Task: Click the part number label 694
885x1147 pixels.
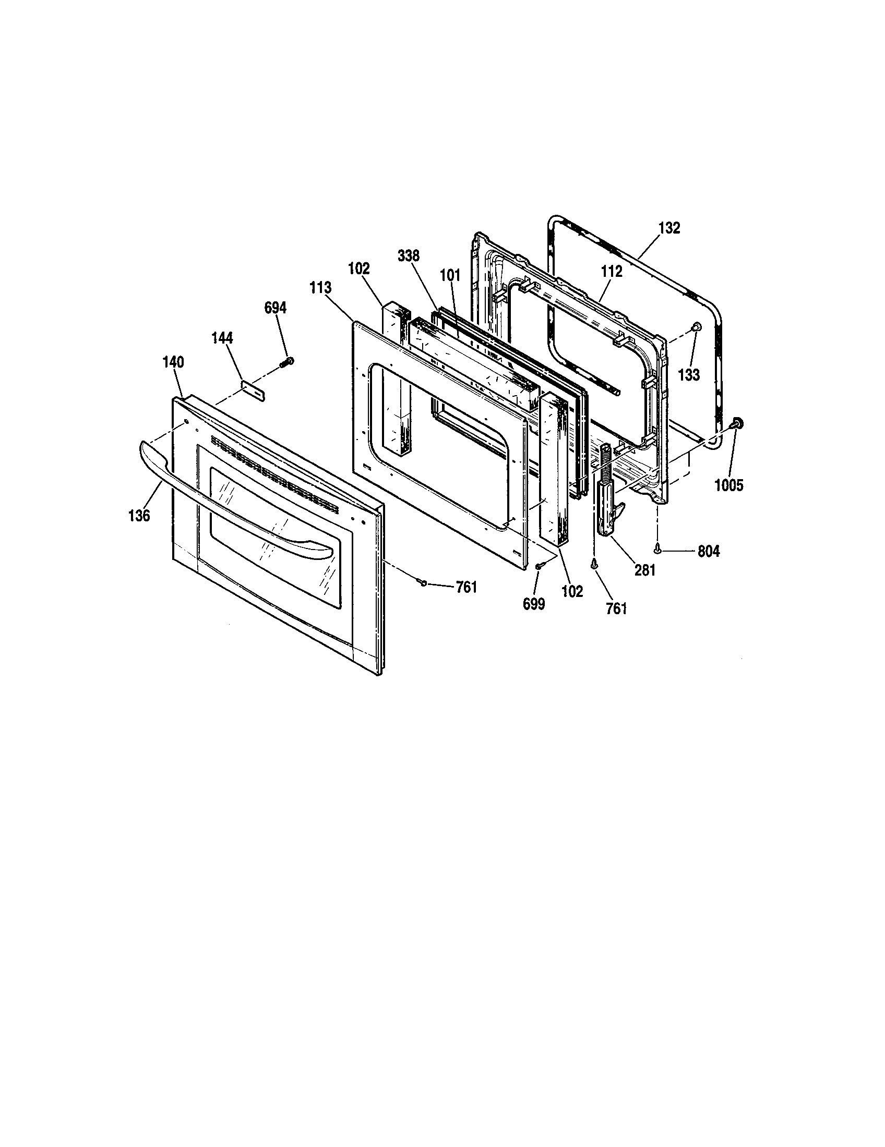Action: [x=275, y=308]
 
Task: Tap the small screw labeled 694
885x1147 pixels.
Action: [x=289, y=361]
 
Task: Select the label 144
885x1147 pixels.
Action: [x=222, y=338]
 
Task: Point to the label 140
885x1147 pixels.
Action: [x=173, y=362]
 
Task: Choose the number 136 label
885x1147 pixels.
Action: [x=139, y=516]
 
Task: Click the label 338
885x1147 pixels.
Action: [x=409, y=256]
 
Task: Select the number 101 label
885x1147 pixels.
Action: [x=450, y=275]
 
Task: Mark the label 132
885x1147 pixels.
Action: [x=669, y=228]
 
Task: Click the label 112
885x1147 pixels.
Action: [x=612, y=272]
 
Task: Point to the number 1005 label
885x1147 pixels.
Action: [x=729, y=486]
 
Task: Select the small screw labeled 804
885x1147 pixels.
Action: [x=657, y=549]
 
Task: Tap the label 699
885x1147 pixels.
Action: [x=534, y=604]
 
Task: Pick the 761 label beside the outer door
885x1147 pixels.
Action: [x=466, y=587]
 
